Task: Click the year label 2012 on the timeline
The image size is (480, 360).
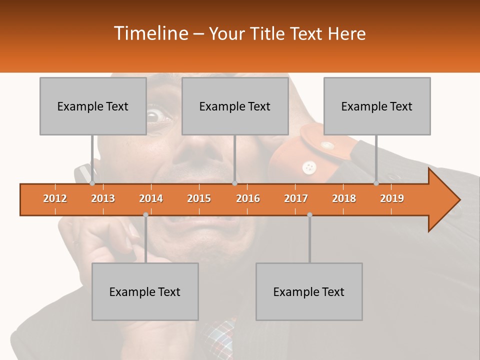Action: tap(55, 198)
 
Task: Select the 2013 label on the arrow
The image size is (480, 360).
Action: tap(103, 198)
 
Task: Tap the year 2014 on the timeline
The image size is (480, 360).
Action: tap(151, 198)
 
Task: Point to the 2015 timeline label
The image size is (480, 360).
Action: tap(199, 198)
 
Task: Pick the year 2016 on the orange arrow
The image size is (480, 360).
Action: tap(248, 198)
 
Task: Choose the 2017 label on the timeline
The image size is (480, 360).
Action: tap(296, 198)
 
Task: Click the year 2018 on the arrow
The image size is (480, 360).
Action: tap(344, 198)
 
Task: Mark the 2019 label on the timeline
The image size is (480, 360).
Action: tap(392, 198)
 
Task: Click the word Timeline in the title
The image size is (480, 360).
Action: tap(150, 33)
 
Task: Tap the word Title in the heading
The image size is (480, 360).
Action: tap(270, 34)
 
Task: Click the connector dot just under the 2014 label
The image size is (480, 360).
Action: tap(145, 214)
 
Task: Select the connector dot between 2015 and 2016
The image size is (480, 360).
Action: tap(234, 183)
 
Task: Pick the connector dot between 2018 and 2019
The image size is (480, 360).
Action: tap(376, 183)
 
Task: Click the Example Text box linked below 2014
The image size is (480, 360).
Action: tap(145, 292)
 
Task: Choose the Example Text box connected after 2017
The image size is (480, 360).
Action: tap(309, 292)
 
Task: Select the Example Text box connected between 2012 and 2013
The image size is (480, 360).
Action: tap(93, 106)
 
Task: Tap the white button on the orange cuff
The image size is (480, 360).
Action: tap(309, 166)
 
